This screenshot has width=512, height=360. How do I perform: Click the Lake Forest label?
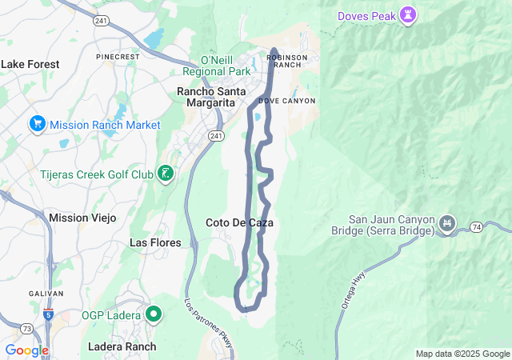(x=29, y=64)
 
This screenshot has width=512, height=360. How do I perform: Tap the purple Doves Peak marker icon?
(x=409, y=14)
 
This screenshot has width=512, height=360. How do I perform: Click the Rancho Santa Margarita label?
(x=206, y=97)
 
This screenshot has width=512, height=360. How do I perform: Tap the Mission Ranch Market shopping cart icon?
(x=37, y=124)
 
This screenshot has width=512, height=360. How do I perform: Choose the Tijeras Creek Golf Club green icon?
(x=166, y=174)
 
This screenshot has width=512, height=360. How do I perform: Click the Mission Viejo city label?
(x=82, y=218)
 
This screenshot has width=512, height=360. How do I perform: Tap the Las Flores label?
(x=155, y=242)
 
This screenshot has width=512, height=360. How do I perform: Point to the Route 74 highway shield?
(x=476, y=227)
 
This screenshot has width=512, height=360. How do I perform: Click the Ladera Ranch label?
(x=123, y=346)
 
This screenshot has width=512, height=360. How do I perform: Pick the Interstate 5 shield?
(x=50, y=314)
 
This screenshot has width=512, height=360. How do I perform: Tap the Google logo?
(x=26, y=350)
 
